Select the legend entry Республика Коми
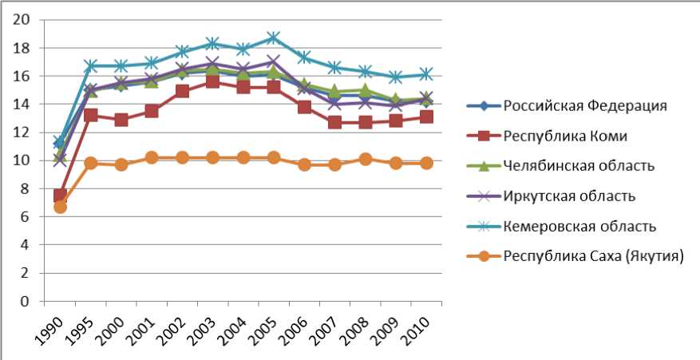point(565,135)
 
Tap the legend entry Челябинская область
point(579,165)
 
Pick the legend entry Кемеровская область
point(579,226)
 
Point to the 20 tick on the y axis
point(27,20)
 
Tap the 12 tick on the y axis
point(27,133)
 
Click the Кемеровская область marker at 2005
point(274,38)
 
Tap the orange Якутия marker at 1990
point(60,207)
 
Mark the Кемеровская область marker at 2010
point(426,73)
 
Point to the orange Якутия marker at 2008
point(365,159)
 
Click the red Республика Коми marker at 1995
point(90,115)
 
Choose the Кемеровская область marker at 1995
point(90,65)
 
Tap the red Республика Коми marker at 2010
point(426,117)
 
